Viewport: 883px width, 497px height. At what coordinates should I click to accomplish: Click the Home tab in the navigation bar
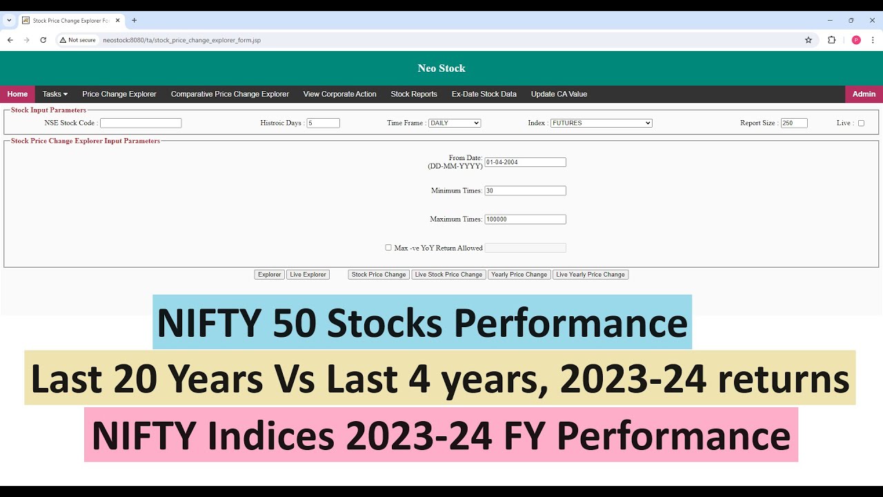pyautogui.click(x=17, y=94)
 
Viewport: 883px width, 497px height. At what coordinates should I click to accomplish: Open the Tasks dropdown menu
pyautogui.click(x=54, y=94)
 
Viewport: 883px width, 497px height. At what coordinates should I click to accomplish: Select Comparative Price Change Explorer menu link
pyautogui.click(x=230, y=94)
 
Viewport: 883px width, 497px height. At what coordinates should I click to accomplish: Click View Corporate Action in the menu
pyautogui.click(x=339, y=94)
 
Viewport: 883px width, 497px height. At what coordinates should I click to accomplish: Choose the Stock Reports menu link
pyautogui.click(x=414, y=94)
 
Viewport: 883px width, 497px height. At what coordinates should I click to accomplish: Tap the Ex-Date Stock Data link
pyautogui.click(x=484, y=94)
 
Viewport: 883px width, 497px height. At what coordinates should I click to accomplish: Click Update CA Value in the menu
pyautogui.click(x=559, y=94)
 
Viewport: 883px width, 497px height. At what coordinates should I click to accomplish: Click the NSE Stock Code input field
pyautogui.click(x=141, y=123)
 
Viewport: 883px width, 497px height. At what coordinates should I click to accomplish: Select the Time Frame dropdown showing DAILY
pyautogui.click(x=454, y=123)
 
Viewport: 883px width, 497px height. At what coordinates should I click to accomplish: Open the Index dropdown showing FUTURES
pyautogui.click(x=601, y=123)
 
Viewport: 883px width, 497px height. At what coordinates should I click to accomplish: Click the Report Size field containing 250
pyautogui.click(x=794, y=123)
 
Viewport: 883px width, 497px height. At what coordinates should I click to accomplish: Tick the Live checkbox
pyautogui.click(x=861, y=123)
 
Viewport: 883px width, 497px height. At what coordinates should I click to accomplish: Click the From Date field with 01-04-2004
pyautogui.click(x=525, y=162)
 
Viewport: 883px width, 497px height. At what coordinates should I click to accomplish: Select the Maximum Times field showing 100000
pyautogui.click(x=525, y=220)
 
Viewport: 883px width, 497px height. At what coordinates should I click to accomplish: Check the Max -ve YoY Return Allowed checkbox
pyautogui.click(x=388, y=247)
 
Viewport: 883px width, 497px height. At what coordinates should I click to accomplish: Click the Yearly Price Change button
pyautogui.click(x=519, y=275)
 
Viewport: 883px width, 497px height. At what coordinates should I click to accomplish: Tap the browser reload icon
pyautogui.click(x=43, y=40)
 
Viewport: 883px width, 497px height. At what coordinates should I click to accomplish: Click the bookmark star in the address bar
pyautogui.click(x=808, y=40)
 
